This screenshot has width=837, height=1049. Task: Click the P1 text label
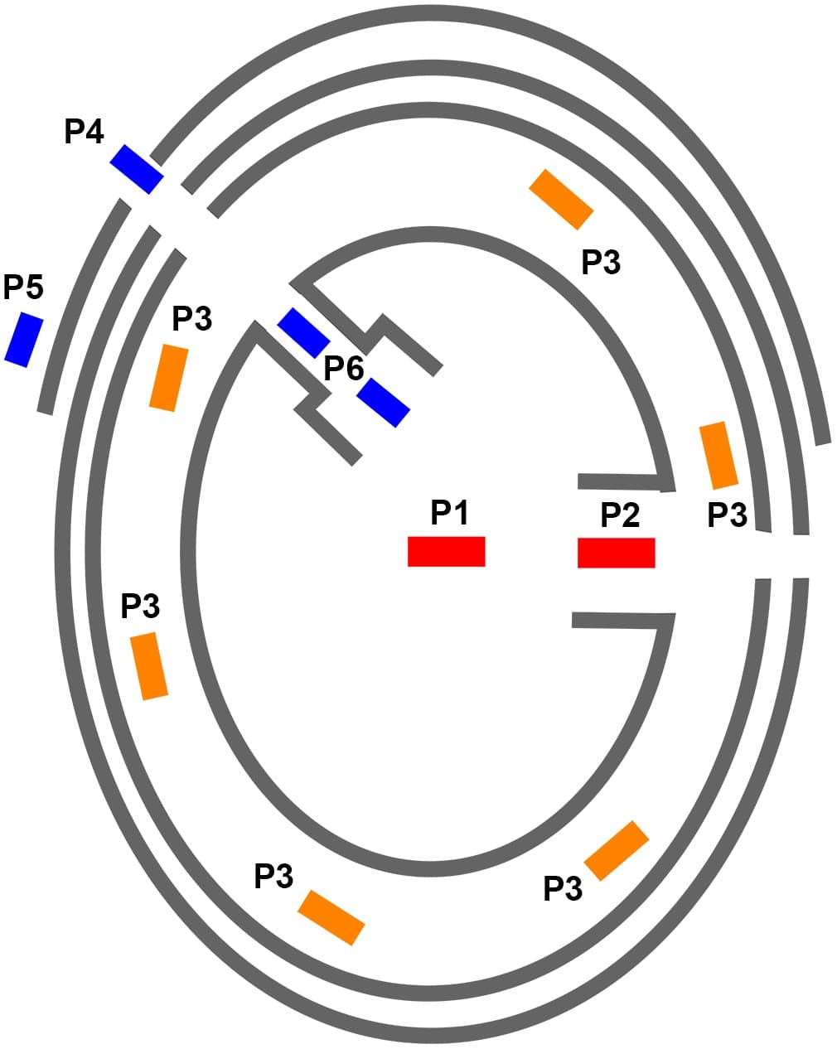449,512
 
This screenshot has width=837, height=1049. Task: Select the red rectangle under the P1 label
447,551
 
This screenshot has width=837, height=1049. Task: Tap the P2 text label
620,515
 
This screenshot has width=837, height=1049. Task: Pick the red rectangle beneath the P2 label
617,553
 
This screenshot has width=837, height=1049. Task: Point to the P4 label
84,132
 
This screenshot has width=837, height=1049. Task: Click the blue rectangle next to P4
137,169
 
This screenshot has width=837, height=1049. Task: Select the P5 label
23,288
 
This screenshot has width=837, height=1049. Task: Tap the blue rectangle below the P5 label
24,340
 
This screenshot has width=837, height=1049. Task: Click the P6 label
344,368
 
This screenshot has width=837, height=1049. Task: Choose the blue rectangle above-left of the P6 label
303,333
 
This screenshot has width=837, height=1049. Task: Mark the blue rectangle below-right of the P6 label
383,403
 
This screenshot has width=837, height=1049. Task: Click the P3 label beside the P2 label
727,515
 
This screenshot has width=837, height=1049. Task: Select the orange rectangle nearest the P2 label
718,455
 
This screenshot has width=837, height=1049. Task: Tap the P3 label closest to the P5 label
192,319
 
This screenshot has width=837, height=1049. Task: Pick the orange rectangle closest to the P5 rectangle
169,378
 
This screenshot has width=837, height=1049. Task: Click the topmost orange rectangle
561,200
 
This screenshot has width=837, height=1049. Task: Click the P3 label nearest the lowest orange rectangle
273,876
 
